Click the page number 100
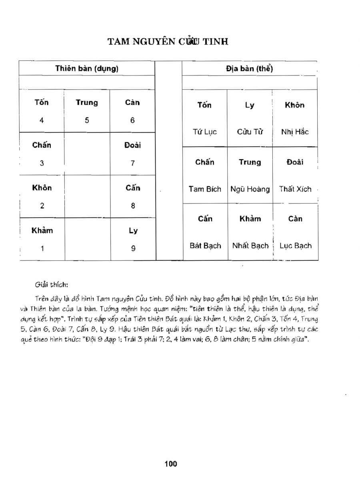[x=170, y=464]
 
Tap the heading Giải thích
[x=52, y=285]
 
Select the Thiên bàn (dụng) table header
[x=87, y=68]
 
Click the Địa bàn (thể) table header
[x=249, y=68]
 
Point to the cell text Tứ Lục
[x=205, y=132]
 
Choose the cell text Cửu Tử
[x=250, y=132]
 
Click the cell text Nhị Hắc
[x=295, y=132]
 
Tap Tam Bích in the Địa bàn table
[x=205, y=189]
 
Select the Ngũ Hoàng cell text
[x=250, y=189]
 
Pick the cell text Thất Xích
[x=295, y=189]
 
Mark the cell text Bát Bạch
[x=205, y=246]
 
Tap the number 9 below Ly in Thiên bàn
[x=133, y=248]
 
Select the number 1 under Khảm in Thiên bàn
[x=42, y=248]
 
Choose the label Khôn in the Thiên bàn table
[x=42, y=188]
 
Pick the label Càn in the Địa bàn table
[x=295, y=219]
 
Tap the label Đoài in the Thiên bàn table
[x=133, y=145]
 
